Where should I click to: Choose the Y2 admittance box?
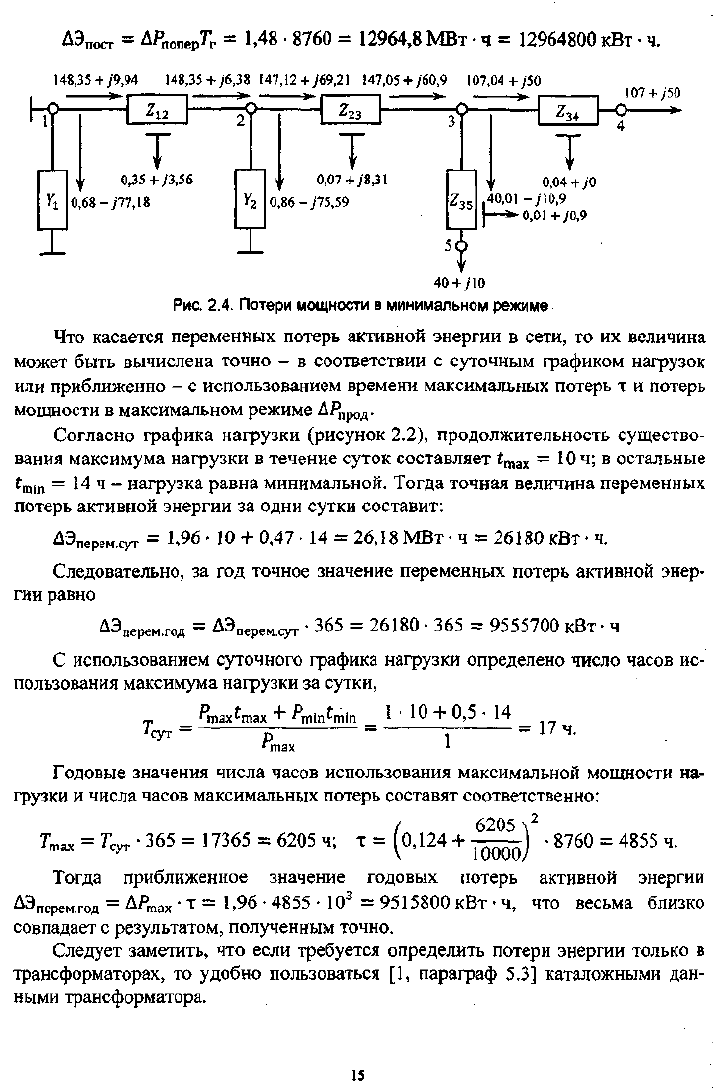(250, 202)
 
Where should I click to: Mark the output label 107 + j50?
(653, 93)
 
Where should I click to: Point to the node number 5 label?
(450, 244)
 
